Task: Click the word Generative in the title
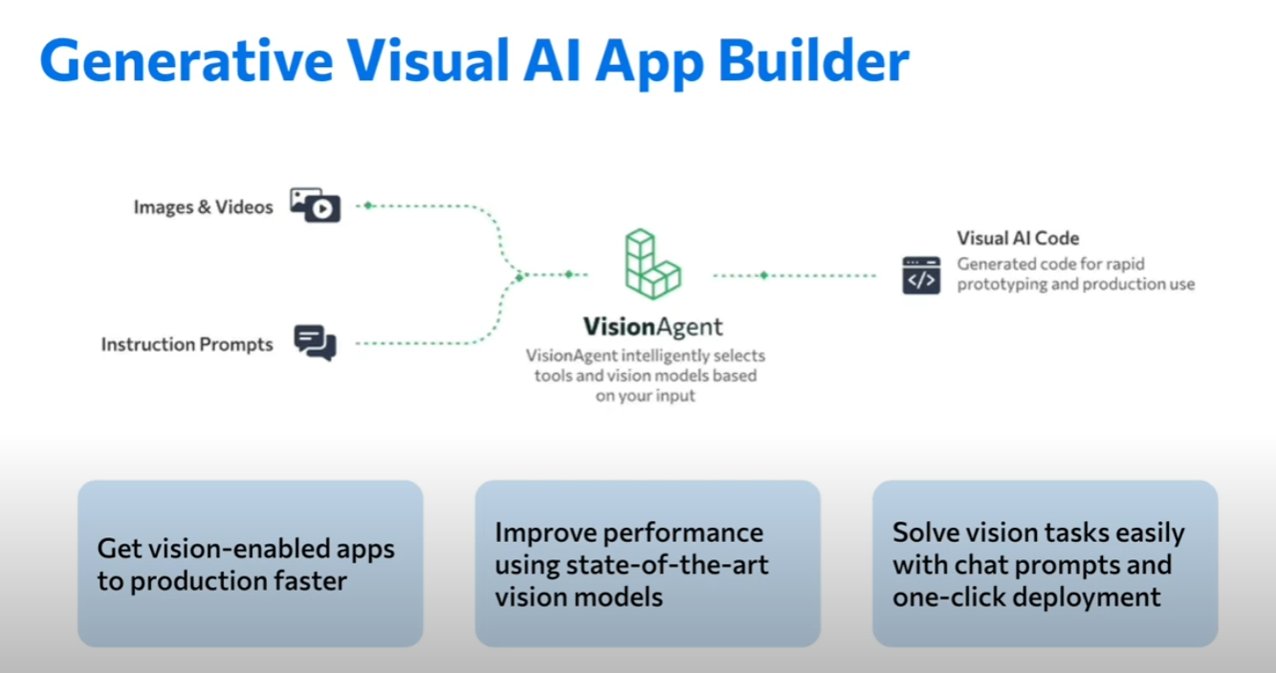[x=187, y=61]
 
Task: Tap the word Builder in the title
[x=813, y=61]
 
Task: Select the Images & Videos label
[x=204, y=207]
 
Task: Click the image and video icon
[x=315, y=205]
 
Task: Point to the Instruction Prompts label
[x=187, y=344]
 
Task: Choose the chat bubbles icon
[x=315, y=343]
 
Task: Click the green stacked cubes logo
[x=652, y=264]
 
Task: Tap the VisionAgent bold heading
[x=652, y=327]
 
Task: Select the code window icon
[x=921, y=275]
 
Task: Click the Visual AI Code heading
[x=1018, y=238]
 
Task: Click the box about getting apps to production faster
[x=250, y=564]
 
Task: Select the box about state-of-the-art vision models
[x=648, y=564]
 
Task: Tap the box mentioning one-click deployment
[x=1045, y=564]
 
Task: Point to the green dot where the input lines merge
[x=519, y=277]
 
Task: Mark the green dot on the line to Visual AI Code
[x=764, y=275]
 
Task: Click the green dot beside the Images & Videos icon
[x=368, y=206]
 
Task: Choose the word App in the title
[x=649, y=64]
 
